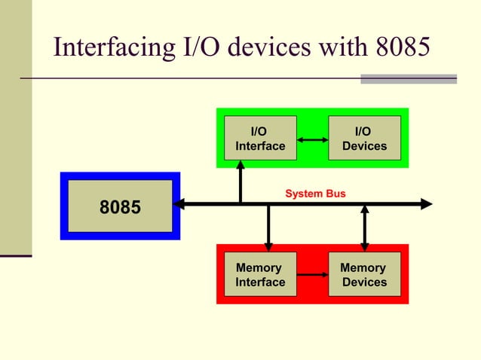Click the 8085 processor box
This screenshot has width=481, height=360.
click(x=120, y=206)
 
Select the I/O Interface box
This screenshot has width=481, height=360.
click(x=260, y=138)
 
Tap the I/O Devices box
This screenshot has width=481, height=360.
click(x=364, y=138)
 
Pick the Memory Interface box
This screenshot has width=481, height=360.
click(x=260, y=275)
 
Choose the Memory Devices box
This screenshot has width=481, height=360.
click(x=364, y=275)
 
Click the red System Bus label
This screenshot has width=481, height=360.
click(x=315, y=194)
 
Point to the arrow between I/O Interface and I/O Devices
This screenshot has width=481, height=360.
click(x=312, y=139)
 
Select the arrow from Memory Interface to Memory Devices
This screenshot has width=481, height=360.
click(x=312, y=276)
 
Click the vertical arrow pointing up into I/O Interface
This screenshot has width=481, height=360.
click(x=240, y=181)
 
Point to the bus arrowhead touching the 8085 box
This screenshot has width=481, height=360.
click(x=180, y=204)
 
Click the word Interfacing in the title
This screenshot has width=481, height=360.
click(x=107, y=48)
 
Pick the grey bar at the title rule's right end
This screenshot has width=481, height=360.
click(x=409, y=78)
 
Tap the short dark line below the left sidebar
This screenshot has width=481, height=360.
click(x=16, y=257)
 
